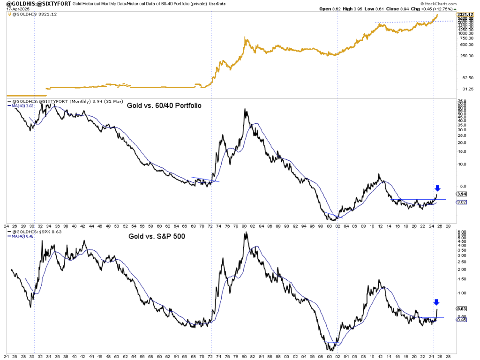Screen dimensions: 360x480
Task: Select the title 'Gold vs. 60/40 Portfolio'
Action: coord(164,105)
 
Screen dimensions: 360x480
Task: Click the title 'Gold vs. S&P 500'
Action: coord(157,236)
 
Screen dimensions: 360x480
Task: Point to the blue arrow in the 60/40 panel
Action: coord(438,188)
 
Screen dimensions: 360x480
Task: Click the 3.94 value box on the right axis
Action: coord(461,194)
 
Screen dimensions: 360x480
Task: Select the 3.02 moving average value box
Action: coord(461,202)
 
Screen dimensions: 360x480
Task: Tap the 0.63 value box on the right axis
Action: coord(461,308)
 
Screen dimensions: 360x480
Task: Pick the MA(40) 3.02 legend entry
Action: coord(24,106)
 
